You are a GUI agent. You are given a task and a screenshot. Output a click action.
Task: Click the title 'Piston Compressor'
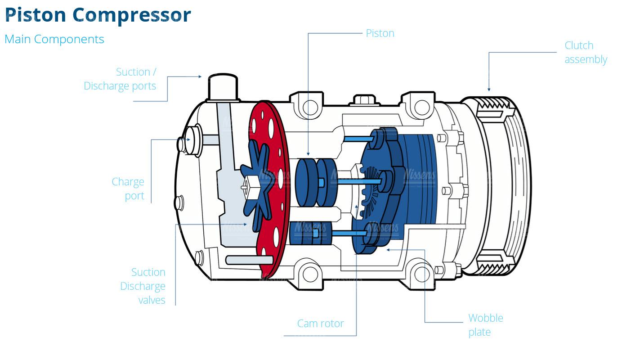point(98,15)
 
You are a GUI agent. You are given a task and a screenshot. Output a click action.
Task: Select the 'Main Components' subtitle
point(54,39)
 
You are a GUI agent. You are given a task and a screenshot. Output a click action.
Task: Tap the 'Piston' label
point(380,33)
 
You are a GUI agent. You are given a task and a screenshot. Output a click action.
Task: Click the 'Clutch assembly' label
point(585,52)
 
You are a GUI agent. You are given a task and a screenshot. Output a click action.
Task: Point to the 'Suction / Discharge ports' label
point(120,79)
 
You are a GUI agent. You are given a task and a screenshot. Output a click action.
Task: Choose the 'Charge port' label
point(128,189)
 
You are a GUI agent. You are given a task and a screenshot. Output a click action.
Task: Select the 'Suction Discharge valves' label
point(143,286)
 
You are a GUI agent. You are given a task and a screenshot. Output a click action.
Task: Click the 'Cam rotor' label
point(320,323)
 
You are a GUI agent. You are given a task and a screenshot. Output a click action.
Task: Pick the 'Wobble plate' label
point(485,325)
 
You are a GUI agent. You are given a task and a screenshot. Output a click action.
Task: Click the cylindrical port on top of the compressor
point(222,88)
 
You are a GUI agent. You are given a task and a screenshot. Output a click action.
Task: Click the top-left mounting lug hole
point(310,107)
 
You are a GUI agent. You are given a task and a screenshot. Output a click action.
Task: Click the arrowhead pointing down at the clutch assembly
point(489,89)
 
